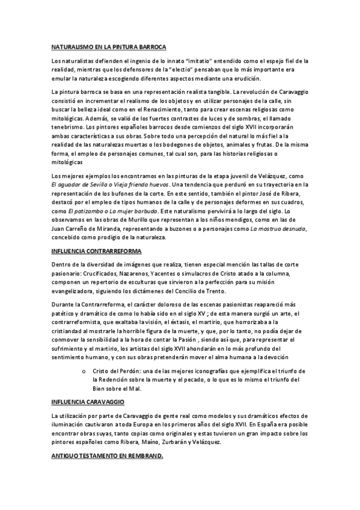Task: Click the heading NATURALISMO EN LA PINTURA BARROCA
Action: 108,47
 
